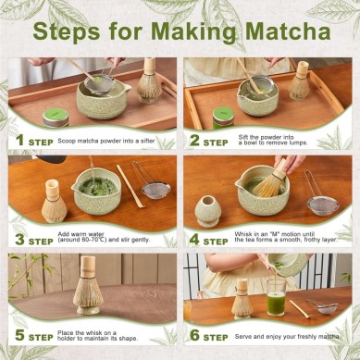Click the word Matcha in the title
point(280,31)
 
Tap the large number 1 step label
point(18,140)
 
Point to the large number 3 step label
point(18,238)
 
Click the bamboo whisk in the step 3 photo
point(55,200)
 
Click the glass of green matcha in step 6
point(276,302)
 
